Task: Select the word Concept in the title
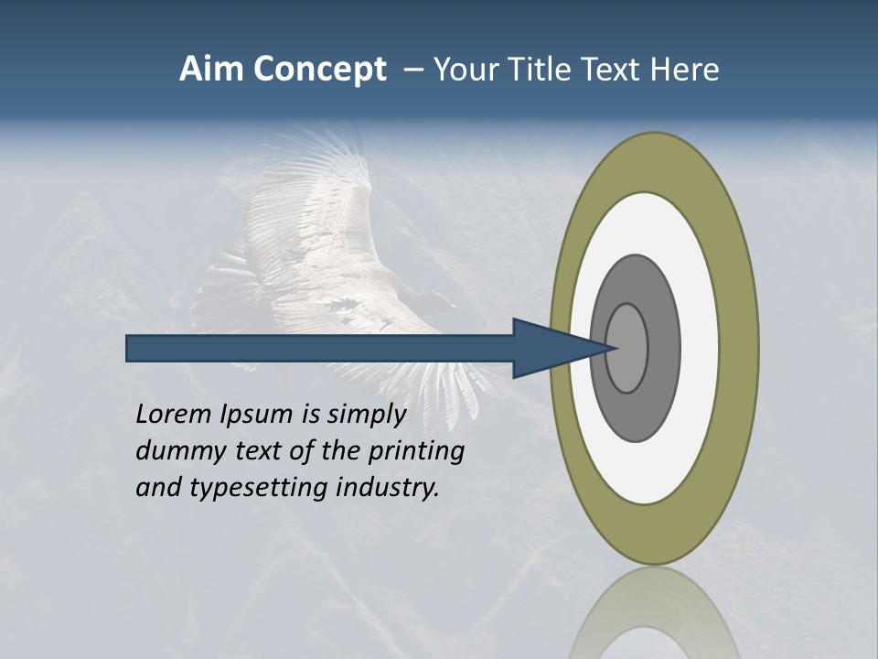click(320, 70)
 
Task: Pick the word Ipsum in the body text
click(257, 415)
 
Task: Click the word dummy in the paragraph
click(175, 451)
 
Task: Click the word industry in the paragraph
click(388, 488)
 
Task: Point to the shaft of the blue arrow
click(320, 349)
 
